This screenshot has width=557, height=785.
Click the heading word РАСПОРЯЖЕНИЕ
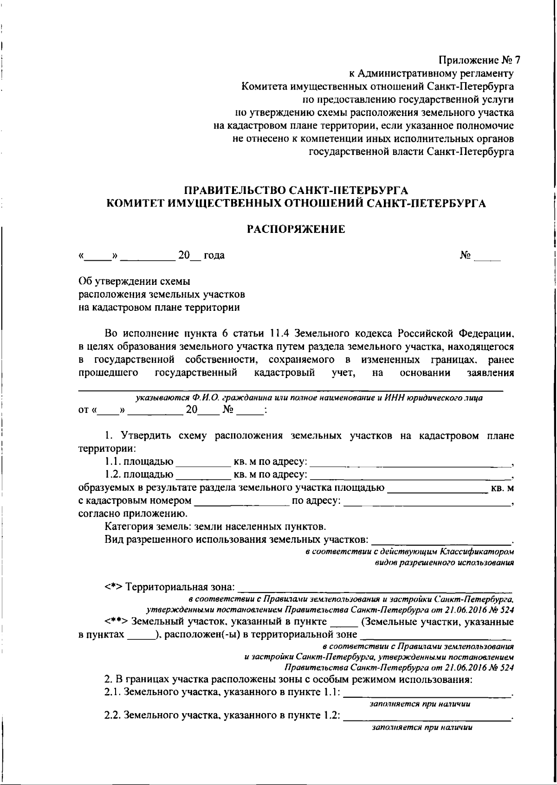coord(296,229)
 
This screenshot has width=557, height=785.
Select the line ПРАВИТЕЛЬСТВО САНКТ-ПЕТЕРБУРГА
coord(296,191)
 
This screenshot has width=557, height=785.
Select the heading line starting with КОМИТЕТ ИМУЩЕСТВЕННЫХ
coord(296,204)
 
